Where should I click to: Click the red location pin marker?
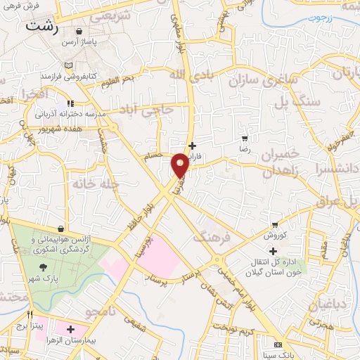[180, 165]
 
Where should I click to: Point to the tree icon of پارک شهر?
[44, 266]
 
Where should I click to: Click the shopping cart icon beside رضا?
[244, 139]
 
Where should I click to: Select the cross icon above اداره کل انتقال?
[274, 251]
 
